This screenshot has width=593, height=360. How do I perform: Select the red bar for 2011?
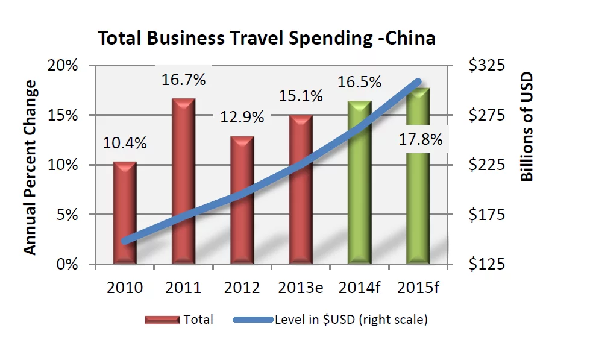coord(183,181)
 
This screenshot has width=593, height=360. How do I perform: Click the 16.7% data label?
coord(183,79)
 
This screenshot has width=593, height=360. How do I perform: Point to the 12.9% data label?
coord(242,117)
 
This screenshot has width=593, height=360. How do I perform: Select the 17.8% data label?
coord(420,140)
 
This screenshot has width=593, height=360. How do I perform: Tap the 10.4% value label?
coord(125,143)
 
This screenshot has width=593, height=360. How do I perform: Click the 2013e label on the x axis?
coord(301,288)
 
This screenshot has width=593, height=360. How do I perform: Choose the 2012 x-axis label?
coord(242,288)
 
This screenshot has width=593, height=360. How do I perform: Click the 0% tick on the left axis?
coord(69,264)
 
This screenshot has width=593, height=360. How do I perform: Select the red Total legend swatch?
coord(162,320)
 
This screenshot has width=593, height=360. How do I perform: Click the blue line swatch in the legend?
coord(253,320)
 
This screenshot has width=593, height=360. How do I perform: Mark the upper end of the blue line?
coord(418,81)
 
